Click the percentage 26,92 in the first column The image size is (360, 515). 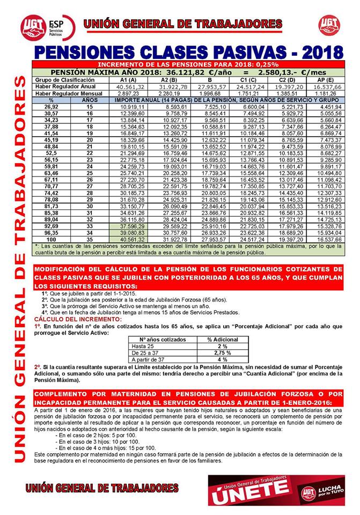click(x=52, y=107)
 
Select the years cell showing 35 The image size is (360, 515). click(x=90, y=240)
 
